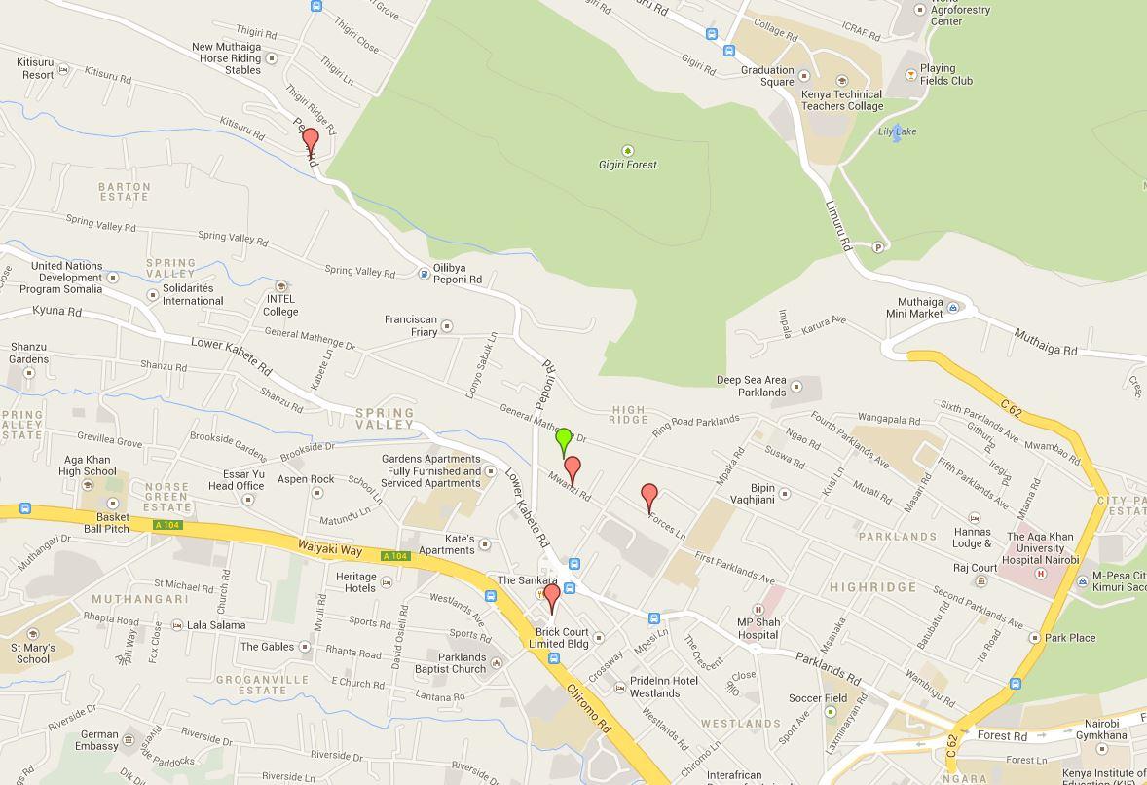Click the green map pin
pyautogui.click(x=563, y=439)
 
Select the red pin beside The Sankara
pyautogui.click(x=551, y=596)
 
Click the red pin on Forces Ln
pyautogui.click(x=649, y=497)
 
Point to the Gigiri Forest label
pyautogui.click(x=627, y=165)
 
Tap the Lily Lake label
pyautogui.click(x=897, y=131)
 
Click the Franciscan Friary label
pyautogui.click(x=410, y=325)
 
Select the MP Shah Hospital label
pyautogui.click(x=758, y=628)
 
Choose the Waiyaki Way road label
pyautogui.click(x=329, y=550)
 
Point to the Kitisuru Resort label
pyautogui.click(x=36, y=68)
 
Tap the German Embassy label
pyautogui.click(x=98, y=740)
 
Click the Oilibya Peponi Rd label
pyautogui.click(x=457, y=274)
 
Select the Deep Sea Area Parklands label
pyautogui.click(x=751, y=386)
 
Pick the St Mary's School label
pyautogui.click(x=33, y=653)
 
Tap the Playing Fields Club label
pyautogui.click(x=945, y=74)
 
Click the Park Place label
pyautogui.click(x=1070, y=638)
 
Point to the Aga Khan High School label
pyautogui.click(x=87, y=465)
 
